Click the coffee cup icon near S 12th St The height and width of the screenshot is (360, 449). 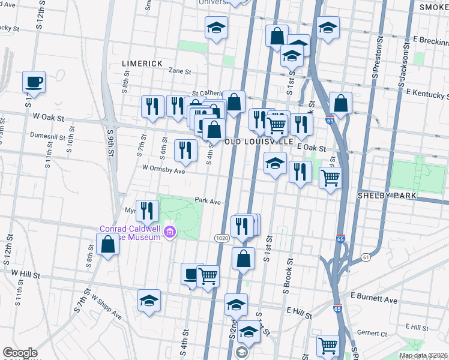[x=34, y=82]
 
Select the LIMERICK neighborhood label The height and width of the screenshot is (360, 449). [x=142, y=63]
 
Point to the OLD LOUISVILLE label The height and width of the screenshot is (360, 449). [x=259, y=142]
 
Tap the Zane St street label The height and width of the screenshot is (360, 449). [x=179, y=71]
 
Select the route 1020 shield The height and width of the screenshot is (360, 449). [x=220, y=239]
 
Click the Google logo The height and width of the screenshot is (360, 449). [x=20, y=353]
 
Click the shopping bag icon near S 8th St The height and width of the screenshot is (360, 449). [x=107, y=244]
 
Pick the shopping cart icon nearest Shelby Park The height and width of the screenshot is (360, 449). [x=330, y=178]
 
